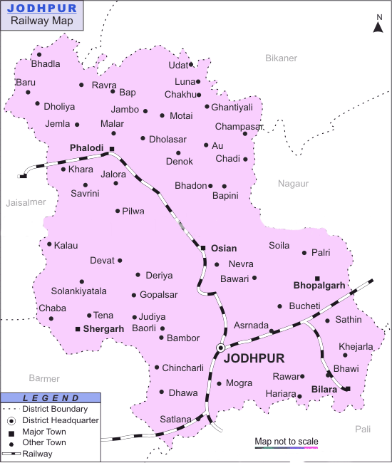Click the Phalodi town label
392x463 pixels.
[87, 148]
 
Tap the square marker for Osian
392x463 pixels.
[203, 248]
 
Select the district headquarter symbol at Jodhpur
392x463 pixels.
[221, 348]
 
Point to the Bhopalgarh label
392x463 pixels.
[319, 286]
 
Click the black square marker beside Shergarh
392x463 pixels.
[78, 329]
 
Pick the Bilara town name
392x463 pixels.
[324, 390]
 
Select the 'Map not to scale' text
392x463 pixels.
[287, 442]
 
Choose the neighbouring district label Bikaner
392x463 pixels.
[281, 58]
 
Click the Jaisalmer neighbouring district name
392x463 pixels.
[26, 203]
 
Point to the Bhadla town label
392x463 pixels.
[46, 64]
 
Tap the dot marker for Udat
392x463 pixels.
[191, 65]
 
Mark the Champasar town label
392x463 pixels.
[239, 126]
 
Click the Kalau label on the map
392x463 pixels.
[66, 245]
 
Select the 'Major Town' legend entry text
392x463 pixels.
[45, 432]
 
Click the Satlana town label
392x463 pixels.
[176, 419]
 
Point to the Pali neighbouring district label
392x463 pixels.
[363, 429]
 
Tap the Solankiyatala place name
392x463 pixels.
[79, 291]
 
